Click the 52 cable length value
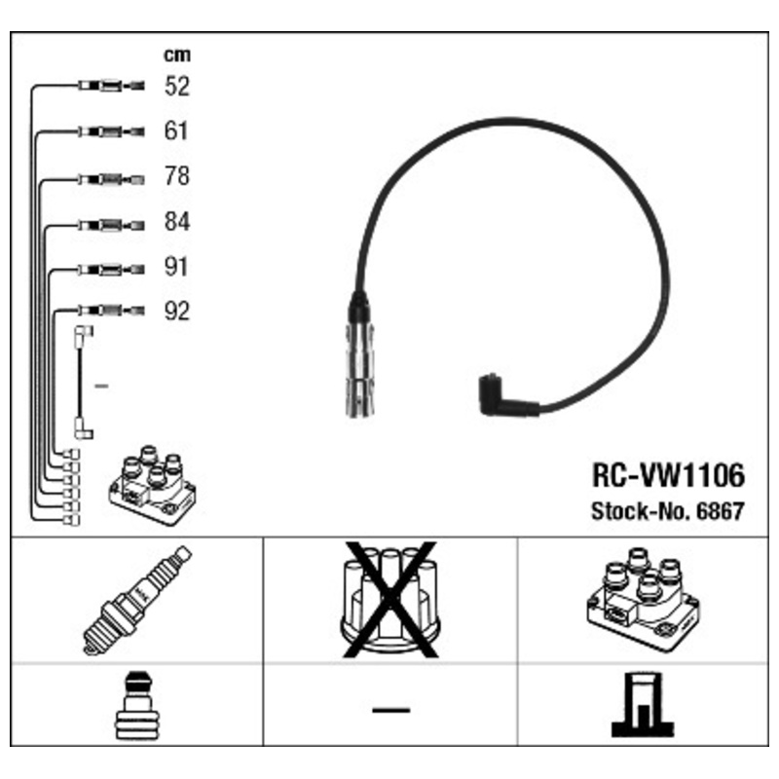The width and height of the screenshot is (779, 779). click(x=177, y=86)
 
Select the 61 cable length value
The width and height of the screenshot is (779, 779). click(x=176, y=131)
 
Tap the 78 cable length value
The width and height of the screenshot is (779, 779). click(x=177, y=176)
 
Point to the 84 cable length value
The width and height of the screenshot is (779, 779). click(x=177, y=222)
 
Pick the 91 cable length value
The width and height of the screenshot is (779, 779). click(x=176, y=267)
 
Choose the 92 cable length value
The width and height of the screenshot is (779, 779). click(x=177, y=312)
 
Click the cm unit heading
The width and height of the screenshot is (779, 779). click(x=177, y=56)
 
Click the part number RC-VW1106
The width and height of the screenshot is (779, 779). click(x=669, y=475)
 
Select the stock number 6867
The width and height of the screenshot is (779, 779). click(x=721, y=511)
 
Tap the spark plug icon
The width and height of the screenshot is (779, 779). click(x=137, y=600)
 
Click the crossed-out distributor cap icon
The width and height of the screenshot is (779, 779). click(x=390, y=600)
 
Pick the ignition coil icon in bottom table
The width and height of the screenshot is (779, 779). click(x=643, y=599)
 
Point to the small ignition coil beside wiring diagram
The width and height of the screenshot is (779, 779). click(x=153, y=485)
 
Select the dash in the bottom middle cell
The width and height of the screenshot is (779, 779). click(x=391, y=711)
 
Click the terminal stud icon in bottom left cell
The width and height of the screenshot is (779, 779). click(x=137, y=705)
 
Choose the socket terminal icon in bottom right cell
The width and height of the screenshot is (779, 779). click(x=643, y=704)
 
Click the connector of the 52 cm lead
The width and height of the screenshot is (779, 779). click(x=112, y=86)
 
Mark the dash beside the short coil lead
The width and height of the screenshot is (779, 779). click(x=101, y=386)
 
